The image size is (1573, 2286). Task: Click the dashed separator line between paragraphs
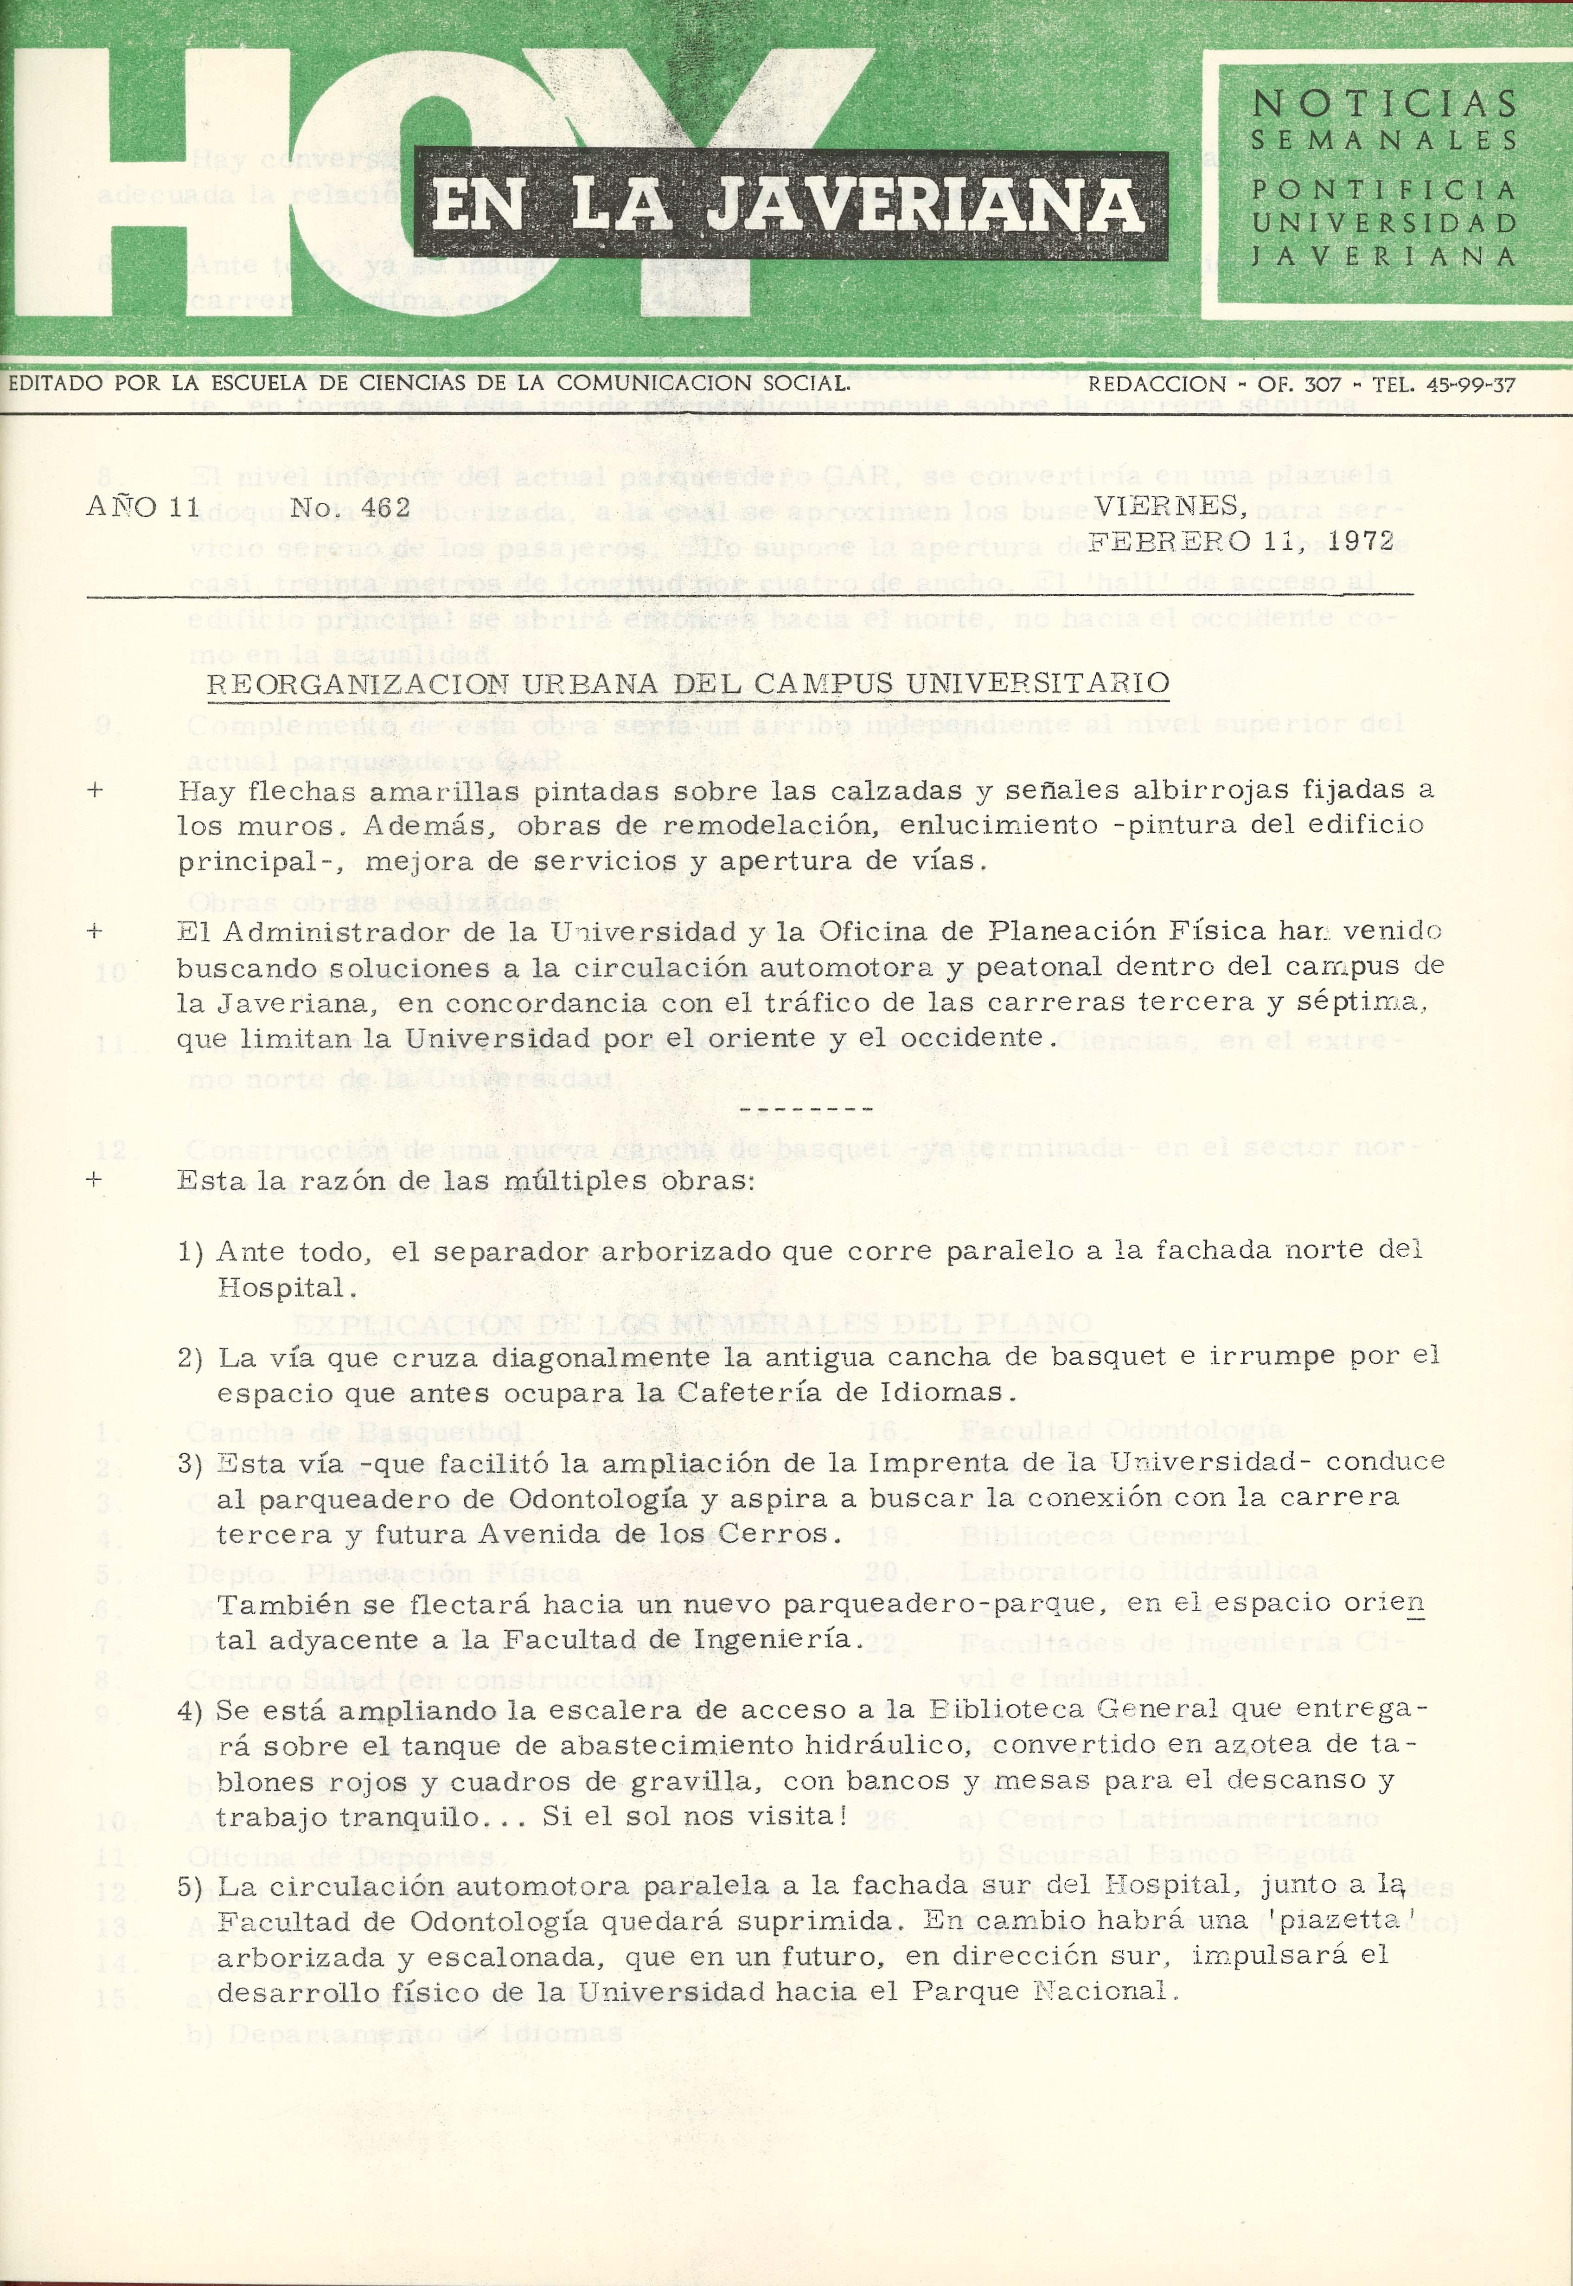pyautogui.click(x=805, y=1109)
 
